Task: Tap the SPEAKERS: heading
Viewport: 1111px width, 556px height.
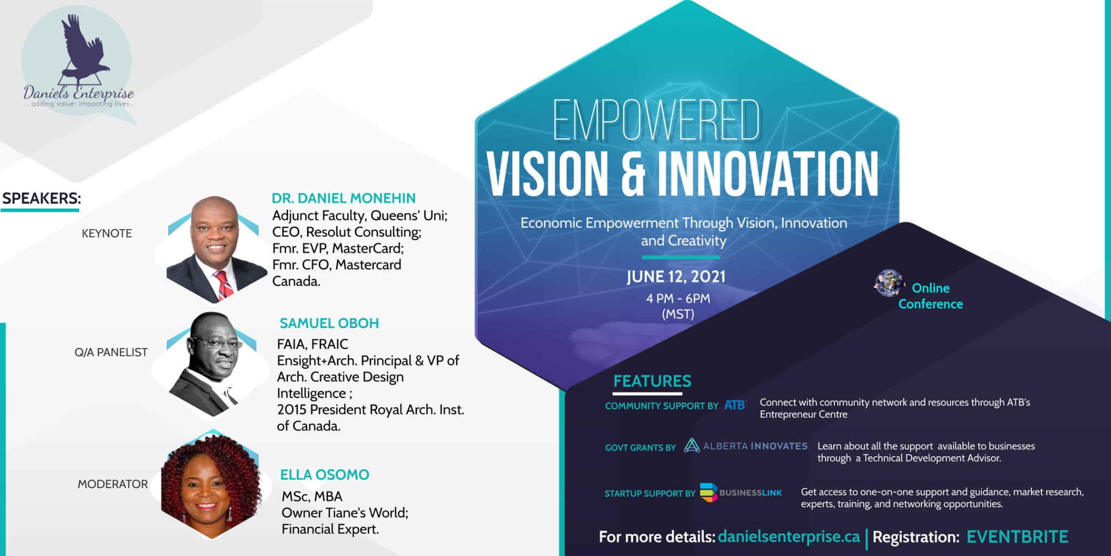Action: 41,198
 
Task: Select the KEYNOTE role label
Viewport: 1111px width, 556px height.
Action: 107,233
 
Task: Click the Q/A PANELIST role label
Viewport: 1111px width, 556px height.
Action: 111,352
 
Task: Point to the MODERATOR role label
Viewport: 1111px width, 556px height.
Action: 113,484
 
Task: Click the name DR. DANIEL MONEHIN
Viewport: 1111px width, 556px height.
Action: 343,198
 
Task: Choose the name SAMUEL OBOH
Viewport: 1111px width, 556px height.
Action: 329,323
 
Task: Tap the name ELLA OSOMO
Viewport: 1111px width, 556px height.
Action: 324,475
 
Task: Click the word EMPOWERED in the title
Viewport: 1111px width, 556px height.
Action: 656,121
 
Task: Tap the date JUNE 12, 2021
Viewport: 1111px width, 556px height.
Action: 676,276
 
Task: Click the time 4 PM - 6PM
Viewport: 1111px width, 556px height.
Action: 678,298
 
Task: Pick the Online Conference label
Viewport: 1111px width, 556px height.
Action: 930,296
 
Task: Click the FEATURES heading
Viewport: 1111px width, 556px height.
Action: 652,381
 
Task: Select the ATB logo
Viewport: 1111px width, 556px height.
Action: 735,405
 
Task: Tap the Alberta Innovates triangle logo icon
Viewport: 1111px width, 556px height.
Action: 691,446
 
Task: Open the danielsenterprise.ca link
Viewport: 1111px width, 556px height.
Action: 789,536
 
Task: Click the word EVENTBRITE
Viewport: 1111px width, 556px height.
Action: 1017,536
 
